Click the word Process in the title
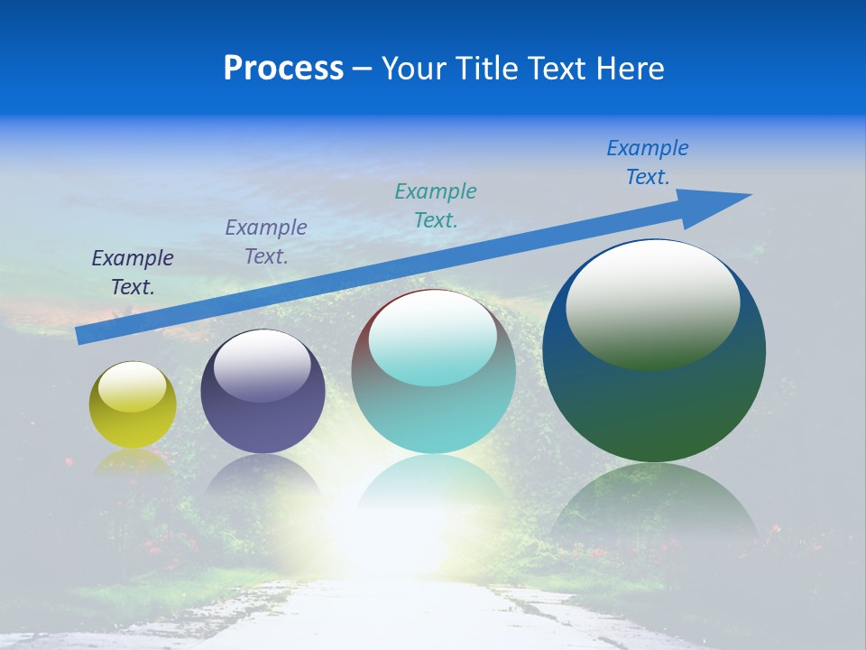(x=283, y=69)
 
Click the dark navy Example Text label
(x=133, y=272)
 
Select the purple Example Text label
(x=266, y=241)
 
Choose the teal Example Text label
(x=436, y=205)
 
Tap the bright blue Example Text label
(x=648, y=162)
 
